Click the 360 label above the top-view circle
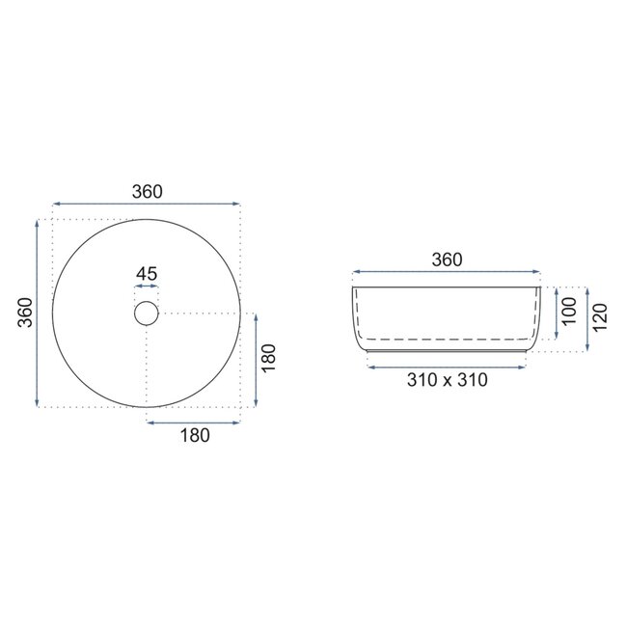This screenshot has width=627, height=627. point(147,191)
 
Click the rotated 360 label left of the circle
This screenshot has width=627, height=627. point(26,313)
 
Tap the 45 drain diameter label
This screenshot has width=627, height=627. point(146,274)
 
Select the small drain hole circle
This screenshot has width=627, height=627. point(146,313)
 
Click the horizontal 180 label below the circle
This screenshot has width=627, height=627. point(194,435)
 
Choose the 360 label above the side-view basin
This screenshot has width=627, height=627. point(447,259)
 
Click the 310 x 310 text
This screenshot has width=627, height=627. point(447,379)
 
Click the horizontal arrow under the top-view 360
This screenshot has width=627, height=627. point(147,204)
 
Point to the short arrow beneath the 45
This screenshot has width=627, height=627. point(146,287)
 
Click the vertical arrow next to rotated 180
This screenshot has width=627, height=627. point(256,361)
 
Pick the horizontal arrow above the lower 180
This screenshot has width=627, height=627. point(193,422)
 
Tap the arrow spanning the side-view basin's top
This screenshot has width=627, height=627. point(447,272)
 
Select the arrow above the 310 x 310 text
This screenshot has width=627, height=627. point(447,366)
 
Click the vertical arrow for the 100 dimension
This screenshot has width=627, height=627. point(556,313)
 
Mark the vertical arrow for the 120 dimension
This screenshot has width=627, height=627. point(586,319)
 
